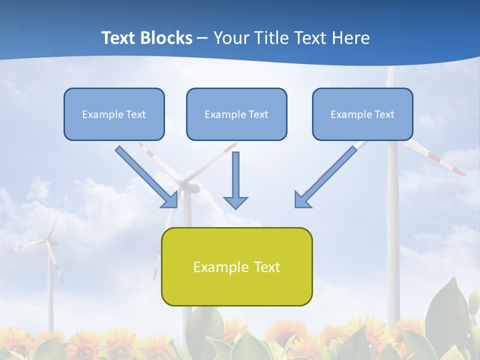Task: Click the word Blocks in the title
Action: (x=167, y=38)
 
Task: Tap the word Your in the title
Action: (x=232, y=38)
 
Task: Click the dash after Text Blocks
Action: (x=202, y=38)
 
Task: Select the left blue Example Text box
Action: (x=114, y=114)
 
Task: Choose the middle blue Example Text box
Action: (x=236, y=114)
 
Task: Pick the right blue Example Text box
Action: (x=362, y=114)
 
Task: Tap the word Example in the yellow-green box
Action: (x=216, y=267)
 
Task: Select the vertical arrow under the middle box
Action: (x=235, y=175)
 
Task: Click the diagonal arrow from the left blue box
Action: (x=142, y=172)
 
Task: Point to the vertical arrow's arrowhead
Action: (x=235, y=202)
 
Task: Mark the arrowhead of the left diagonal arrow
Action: (x=170, y=200)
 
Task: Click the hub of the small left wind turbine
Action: (x=49, y=241)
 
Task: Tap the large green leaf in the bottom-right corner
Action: (x=452, y=315)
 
